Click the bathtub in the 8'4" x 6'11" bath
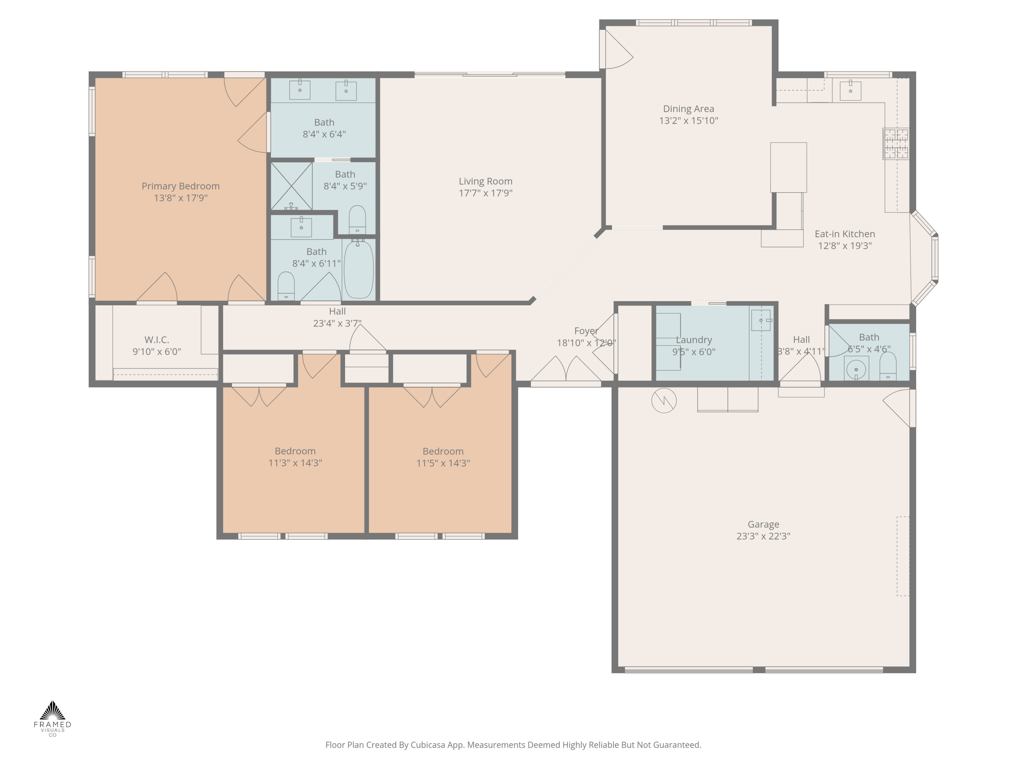pyautogui.click(x=358, y=270)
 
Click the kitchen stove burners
pyautogui.click(x=896, y=144)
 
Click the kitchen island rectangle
pyautogui.click(x=788, y=167)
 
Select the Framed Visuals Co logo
pyautogui.click(x=52, y=718)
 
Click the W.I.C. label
pyautogui.click(x=156, y=340)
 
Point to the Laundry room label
pyautogui.click(x=693, y=340)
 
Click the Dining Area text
pyautogui.click(x=688, y=109)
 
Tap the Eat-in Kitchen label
pyautogui.click(x=845, y=234)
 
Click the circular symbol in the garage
pyautogui.click(x=663, y=400)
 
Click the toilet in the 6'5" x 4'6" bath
pyautogui.click(x=887, y=367)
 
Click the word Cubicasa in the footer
pyautogui.click(x=428, y=745)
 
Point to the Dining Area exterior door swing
pyautogui.click(x=618, y=50)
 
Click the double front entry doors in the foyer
pyautogui.click(x=566, y=372)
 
